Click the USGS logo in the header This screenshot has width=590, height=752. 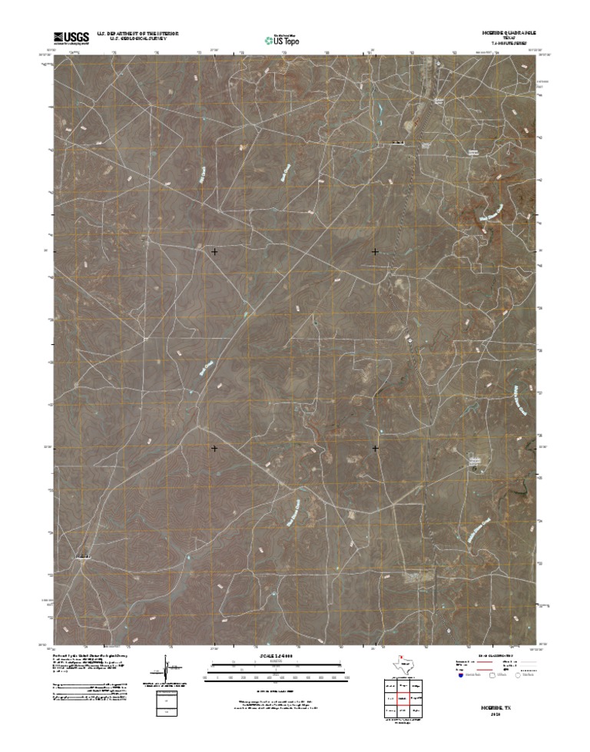[71, 36]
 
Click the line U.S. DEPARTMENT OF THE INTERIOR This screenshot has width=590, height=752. [138, 33]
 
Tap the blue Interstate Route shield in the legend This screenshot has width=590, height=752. [461, 676]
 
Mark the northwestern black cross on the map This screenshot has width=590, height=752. [214, 251]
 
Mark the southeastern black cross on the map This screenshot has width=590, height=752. [375, 448]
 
